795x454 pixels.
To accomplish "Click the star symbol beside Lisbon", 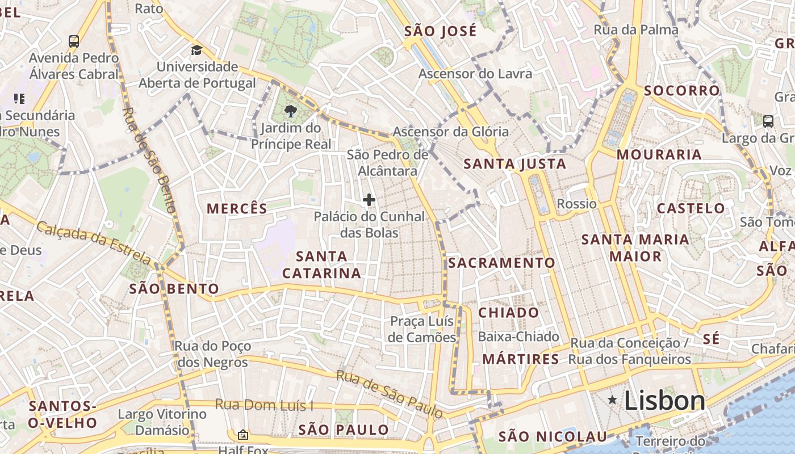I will click(x=612, y=400).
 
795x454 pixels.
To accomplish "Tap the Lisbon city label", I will click(x=664, y=401).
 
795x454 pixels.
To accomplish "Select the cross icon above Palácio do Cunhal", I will click(x=369, y=200).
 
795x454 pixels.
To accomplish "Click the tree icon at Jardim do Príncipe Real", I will click(x=291, y=111).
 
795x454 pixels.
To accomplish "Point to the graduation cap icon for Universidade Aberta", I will click(x=196, y=50).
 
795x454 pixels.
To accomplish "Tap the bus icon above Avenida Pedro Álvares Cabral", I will click(x=74, y=41).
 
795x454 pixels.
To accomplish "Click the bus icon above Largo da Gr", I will click(x=768, y=121).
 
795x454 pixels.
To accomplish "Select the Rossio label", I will click(x=576, y=204).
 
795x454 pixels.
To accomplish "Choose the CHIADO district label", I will click(x=508, y=313).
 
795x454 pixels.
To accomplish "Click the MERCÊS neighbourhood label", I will click(x=237, y=209).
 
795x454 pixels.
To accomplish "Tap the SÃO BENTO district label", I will click(x=174, y=289).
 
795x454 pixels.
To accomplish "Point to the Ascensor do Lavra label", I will click(x=475, y=74).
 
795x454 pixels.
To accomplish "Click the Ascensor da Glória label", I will click(x=451, y=132).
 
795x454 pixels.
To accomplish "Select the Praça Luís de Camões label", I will click(x=422, y=329).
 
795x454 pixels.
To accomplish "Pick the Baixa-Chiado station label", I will click(x=518, y=337).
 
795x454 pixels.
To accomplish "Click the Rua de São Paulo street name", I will click(x=389, y=394).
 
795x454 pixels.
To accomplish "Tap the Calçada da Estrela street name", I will click(x=94, y=243).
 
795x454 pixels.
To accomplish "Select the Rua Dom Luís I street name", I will click(x=264, y=405).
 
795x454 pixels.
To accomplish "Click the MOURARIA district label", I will click(x=659, y=154).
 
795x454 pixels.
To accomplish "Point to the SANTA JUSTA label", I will click(x=514, y=165).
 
